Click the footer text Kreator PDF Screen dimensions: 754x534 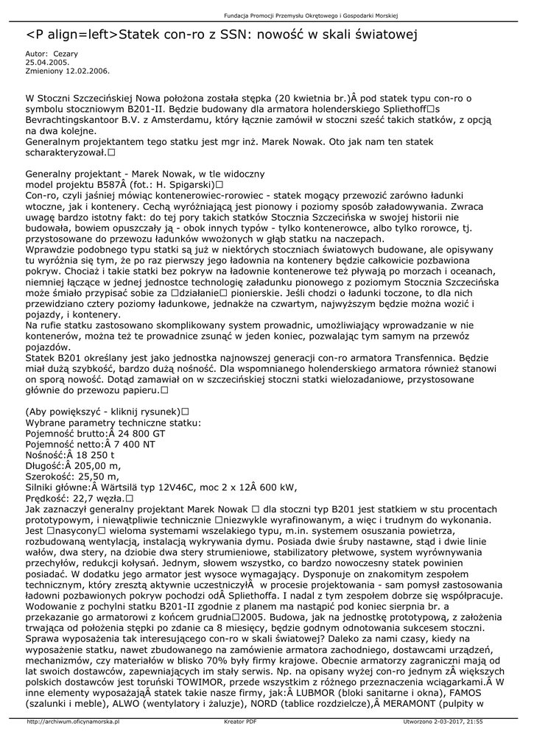click(x=240, y=722)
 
